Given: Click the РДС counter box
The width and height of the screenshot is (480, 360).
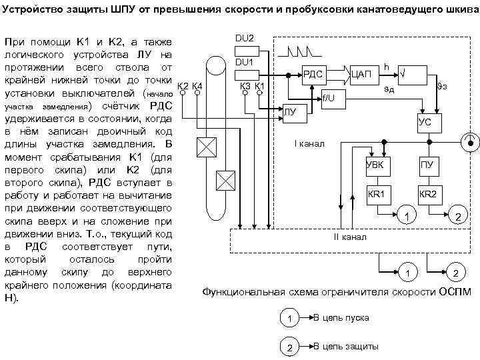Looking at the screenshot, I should [313, 75].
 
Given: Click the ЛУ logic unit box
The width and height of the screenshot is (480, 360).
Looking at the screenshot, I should [293, 114].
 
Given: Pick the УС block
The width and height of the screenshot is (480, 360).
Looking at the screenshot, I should [424, 123].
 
